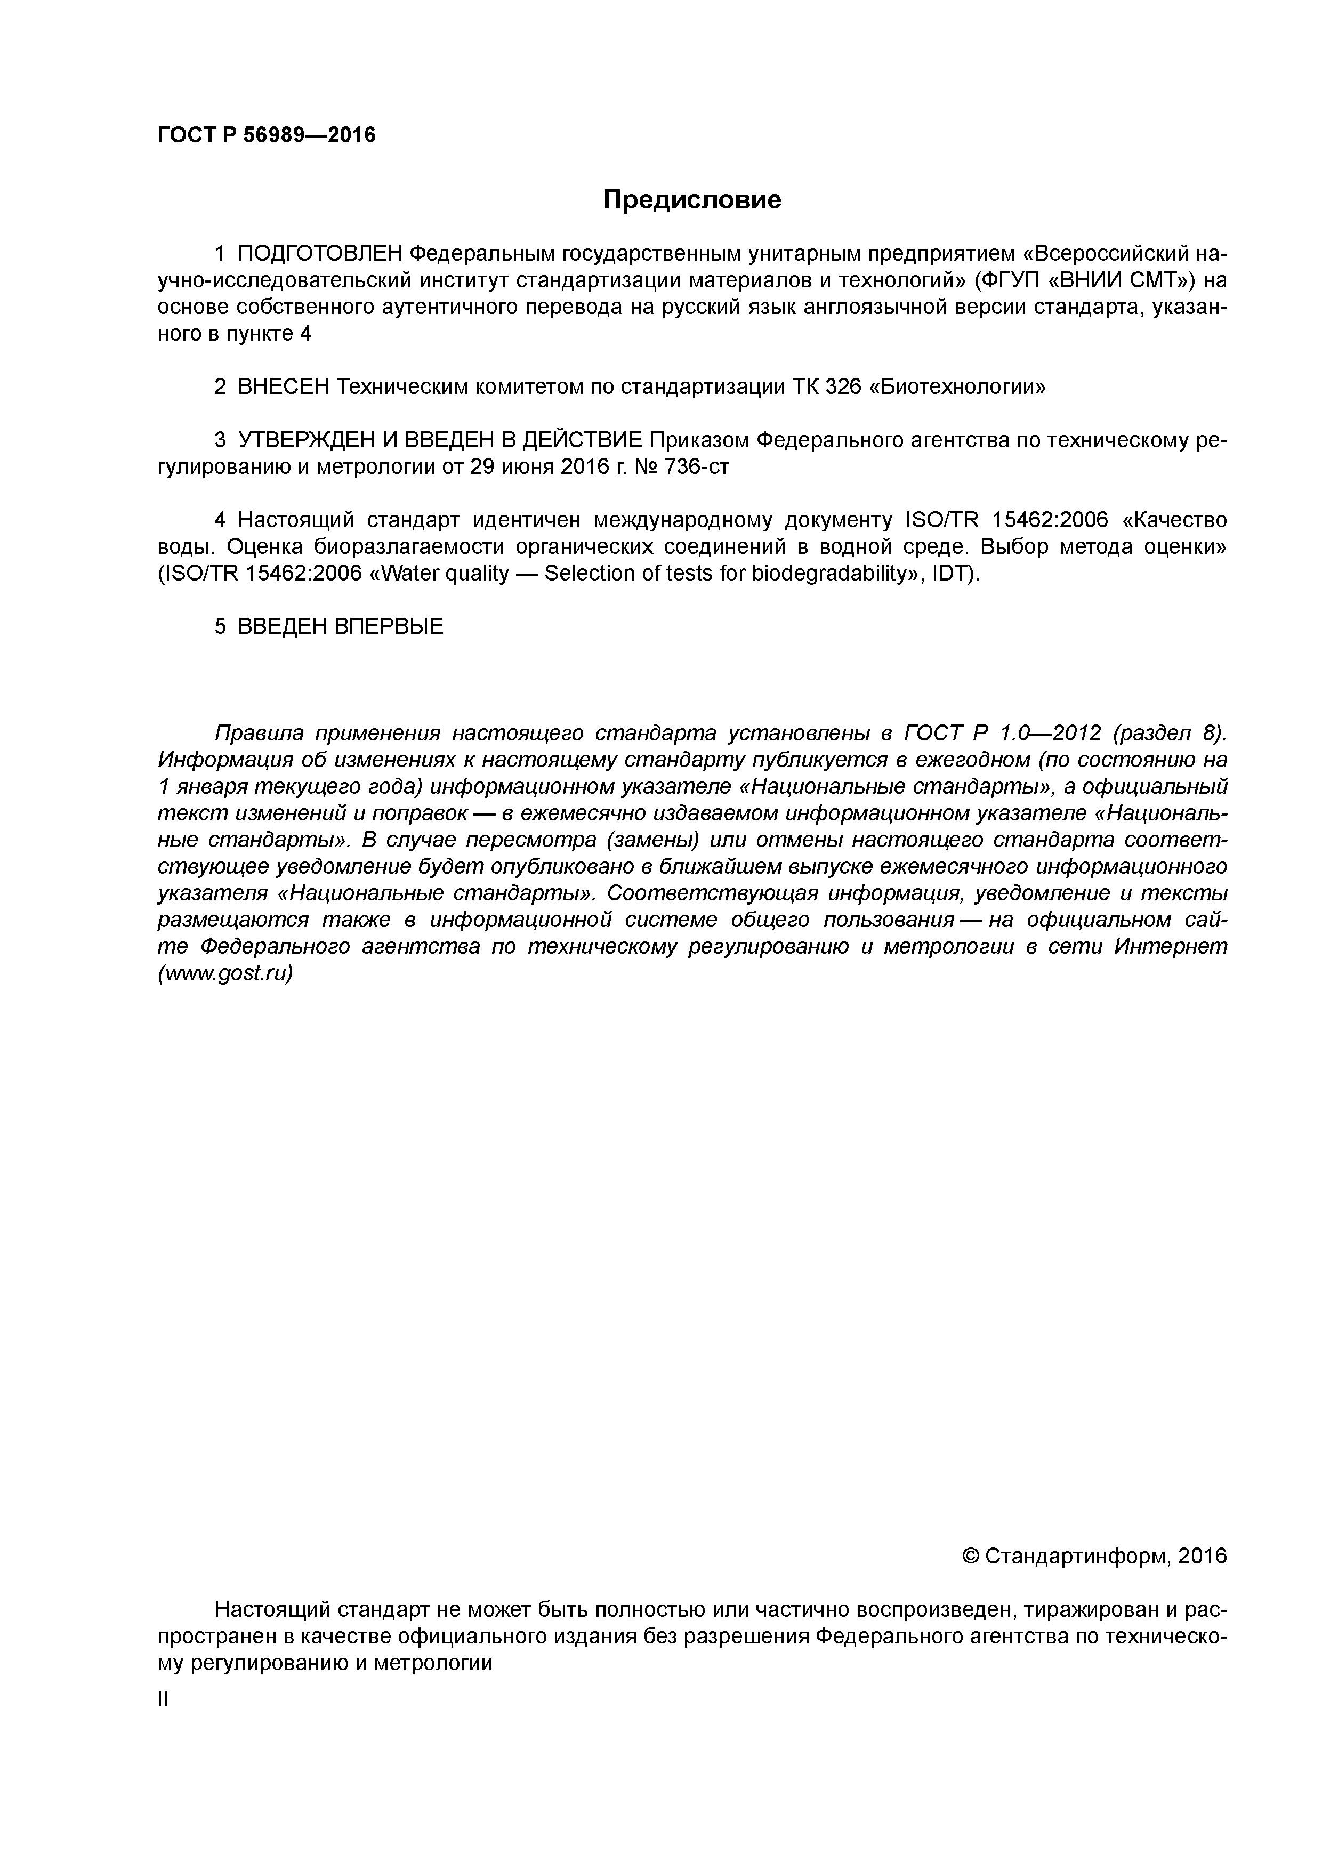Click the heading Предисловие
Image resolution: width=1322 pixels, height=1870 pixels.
click(x=691, y=199)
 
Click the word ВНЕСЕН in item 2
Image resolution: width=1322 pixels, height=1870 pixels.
click(x=284, y=387)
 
